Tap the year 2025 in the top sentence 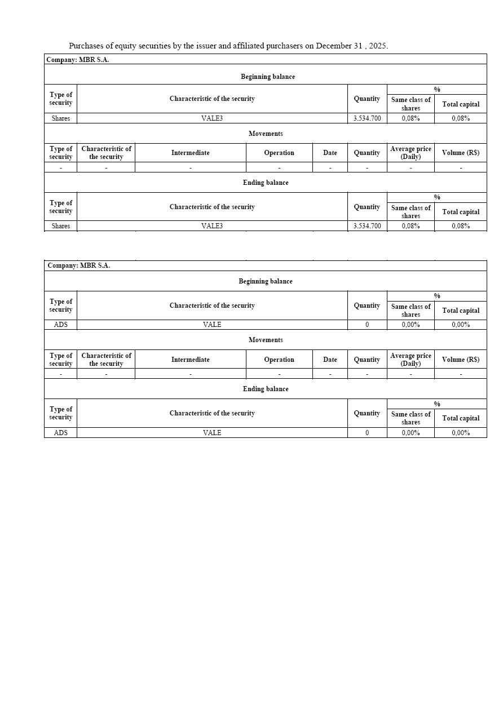(x=377, y=46)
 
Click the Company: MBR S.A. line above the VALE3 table (x=78, y=59)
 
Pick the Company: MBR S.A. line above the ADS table (x=78, y=265)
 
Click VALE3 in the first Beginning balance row (x=212, y=118)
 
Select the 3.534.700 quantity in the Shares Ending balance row (x=367, y=226)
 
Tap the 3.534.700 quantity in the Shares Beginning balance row (x=367, y=118)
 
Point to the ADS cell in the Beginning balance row (x=60, y=325)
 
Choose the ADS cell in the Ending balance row (x=60, y=433)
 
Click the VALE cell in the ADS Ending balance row (x=212, y=433)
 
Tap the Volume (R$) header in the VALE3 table (x=461, y=153)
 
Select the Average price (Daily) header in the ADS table (x=411, y=360)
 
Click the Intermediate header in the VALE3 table (x=190, y=153)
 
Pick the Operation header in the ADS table (x=279, y=360)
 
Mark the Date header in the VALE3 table (x=330, y=153)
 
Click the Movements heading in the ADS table (x=266, y=340)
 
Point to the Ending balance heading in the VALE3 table (x=266, y=183)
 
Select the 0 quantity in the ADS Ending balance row (x=367, y=433)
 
